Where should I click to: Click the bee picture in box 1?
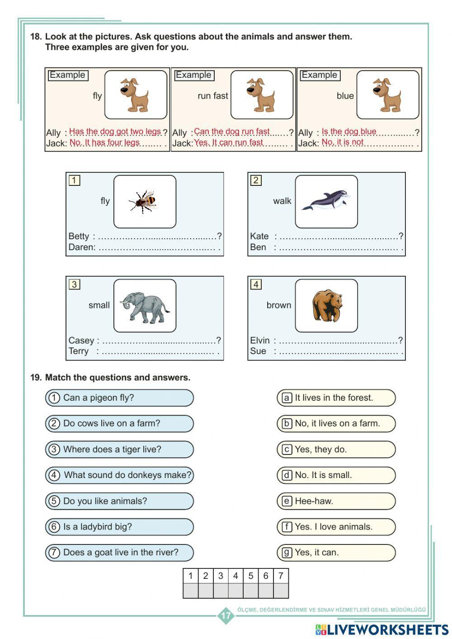click(x=144, y=201)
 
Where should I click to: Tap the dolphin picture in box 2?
click(x=326, y=201)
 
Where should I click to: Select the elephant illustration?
click(x=145, y=306)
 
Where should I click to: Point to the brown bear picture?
click(x=327, y=306)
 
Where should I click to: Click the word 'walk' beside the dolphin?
click(x=282, y=201)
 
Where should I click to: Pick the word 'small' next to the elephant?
click(x=99, y=305)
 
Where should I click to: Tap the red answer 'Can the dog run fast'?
click(x=231, y=132)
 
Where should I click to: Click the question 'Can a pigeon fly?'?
click(x=99, y=398)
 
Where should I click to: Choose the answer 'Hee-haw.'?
click(x=314, y=501)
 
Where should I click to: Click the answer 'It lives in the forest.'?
click(x=334, y=398)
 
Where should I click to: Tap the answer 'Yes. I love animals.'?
click(x=334, y=527)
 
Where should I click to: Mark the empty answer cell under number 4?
click(x=235, y=591)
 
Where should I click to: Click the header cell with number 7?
click(x=281, y=576)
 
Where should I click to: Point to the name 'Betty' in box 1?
click(x=79, y=236)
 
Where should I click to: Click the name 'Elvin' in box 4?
click(x=259, y=341)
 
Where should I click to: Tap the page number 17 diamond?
click(x=226, y=615)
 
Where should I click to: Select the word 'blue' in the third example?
click(x=345, y=96)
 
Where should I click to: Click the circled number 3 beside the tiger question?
click(x=54, y=450)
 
